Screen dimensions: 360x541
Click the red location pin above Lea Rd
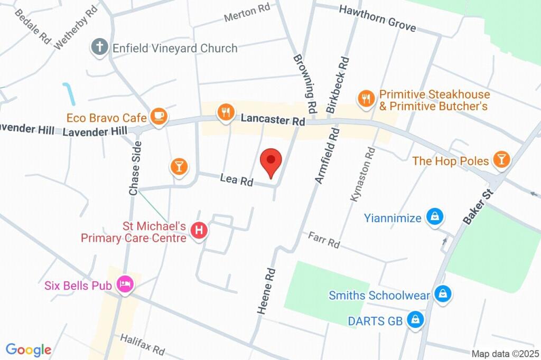(271, 162)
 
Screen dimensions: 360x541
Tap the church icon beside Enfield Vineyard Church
(99, 48)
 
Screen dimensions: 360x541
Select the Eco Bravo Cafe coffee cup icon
(158, 117)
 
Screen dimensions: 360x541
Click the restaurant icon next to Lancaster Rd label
(226, 112)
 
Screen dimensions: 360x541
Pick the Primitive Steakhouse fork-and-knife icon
(366, 98)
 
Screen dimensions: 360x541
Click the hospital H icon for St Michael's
(199, 231)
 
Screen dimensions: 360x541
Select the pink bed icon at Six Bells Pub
(126, 285)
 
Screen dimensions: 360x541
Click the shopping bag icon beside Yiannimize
(435, 216)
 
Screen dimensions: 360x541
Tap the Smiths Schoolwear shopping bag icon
(442, 294)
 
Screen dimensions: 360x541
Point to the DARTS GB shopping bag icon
(416, 320)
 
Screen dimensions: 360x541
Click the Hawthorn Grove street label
(377, 18)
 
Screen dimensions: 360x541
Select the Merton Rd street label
(247, 14)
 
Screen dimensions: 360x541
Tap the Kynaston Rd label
(362, 174)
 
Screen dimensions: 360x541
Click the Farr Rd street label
(324, 240)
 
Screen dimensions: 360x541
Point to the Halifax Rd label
(143, 344)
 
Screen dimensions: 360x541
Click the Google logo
(28, 349)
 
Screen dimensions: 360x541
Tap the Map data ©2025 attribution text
(505, 354)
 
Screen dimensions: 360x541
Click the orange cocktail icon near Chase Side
(179, 167)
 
